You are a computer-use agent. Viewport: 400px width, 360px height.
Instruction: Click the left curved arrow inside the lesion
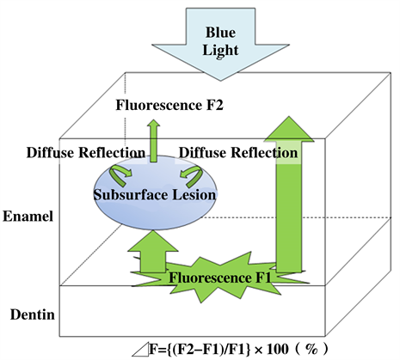(x=121, y=176)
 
